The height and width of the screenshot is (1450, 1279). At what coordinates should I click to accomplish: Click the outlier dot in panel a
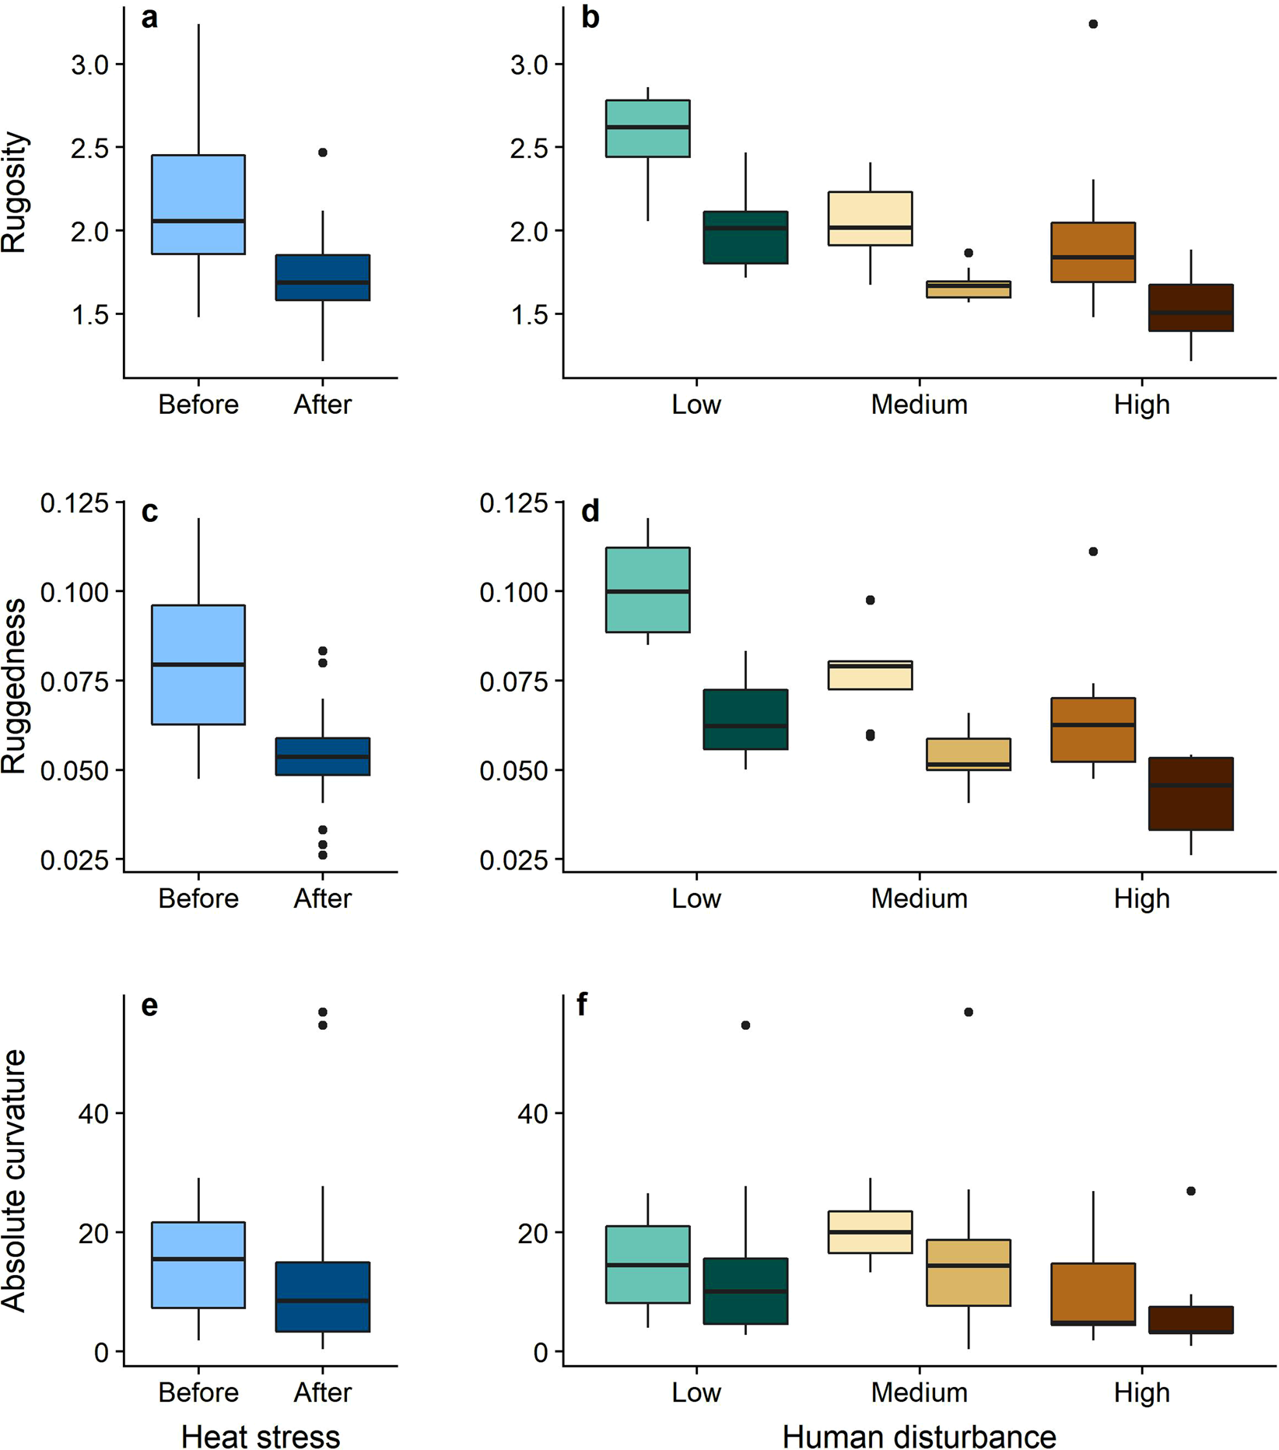click(323, 152)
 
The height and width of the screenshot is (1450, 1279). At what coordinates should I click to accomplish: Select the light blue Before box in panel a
click(198, 204)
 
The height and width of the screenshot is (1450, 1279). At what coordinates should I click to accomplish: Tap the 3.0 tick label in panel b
click(529, 65)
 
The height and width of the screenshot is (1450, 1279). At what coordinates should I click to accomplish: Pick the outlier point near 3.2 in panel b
click(1093, 24)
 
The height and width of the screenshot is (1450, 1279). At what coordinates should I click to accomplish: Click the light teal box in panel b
click(648, 128)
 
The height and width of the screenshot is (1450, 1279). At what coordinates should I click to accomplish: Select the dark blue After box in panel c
click(323, 756)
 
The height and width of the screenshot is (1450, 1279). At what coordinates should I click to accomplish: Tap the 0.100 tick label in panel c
click(74, 592)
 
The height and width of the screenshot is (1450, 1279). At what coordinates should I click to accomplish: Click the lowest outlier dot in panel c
click(323, 855)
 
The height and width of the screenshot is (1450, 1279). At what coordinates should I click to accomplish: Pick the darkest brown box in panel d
click(1191, 793)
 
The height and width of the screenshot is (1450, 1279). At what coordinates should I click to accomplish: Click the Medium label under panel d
click(919, 898)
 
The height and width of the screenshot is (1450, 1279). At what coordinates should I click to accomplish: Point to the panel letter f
click(582, 1005)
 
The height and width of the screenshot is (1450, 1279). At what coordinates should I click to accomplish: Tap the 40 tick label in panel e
click(93, 1113)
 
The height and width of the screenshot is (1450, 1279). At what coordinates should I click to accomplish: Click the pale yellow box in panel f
click(871, 1231)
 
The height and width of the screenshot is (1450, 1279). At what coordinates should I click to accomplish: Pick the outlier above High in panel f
click(1191, 1191)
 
